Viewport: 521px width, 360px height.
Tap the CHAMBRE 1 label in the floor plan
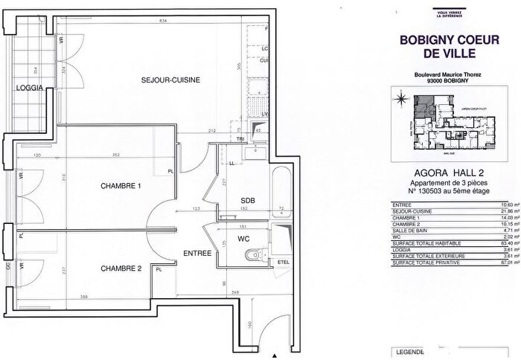(121, 187)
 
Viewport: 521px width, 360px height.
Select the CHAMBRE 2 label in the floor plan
(121, 269)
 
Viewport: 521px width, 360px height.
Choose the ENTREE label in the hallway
(198, 254)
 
